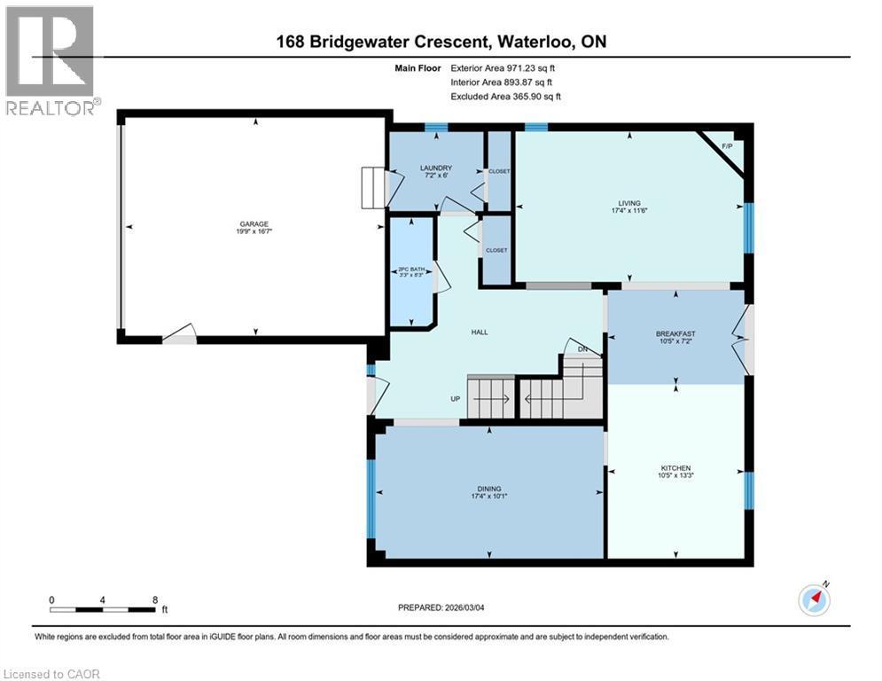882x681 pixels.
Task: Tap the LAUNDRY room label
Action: (x=436, y=168)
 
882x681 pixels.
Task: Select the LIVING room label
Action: (x=630, y=203)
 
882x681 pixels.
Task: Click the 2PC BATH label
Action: (x=413, y=270)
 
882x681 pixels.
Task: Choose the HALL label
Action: (x=479, y=333)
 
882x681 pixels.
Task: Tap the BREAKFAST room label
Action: (x=675, y=334)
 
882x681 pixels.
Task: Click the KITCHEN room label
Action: (x=675, y=468)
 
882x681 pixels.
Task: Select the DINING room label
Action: (x=489, y=489)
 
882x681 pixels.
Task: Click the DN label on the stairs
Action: (x=582, y=349)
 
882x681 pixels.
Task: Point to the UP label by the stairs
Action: (x=456, y=399)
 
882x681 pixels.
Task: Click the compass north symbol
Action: (x=814, y=599)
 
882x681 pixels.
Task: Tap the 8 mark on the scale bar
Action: (x=155, y=600)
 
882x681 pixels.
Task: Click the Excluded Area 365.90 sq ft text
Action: (x=505, y=96)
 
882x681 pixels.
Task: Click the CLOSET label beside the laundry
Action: (x=499, y=170)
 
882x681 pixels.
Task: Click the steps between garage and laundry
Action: (x=373, y=187)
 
